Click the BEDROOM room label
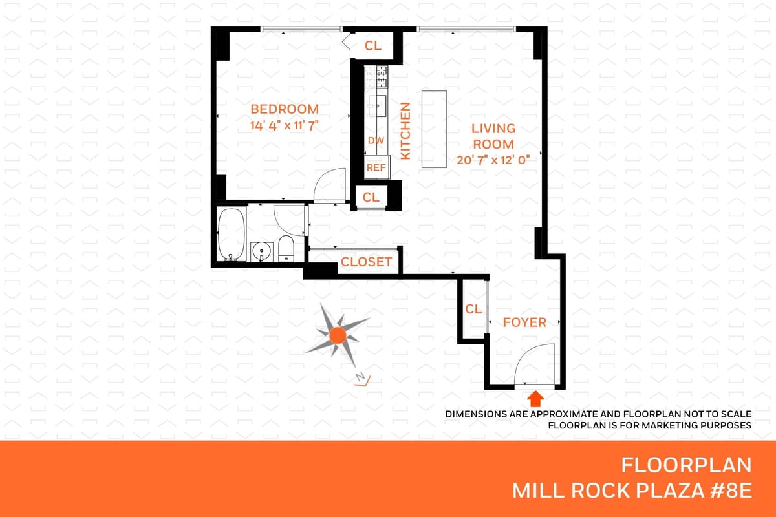click(285, 109)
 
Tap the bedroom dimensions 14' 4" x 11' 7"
click(285, 125)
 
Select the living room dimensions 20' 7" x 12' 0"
click(493, 160)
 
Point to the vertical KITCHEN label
click(405, 131)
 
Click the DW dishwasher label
click(376, 141)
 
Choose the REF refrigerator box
click(377, 167)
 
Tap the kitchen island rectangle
click(434, 129)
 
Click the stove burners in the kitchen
click(382, 76)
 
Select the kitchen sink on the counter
click(381, 105)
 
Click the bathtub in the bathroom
click(232, 234)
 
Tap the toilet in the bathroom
click(286, 248)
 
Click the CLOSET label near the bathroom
click(366, 262)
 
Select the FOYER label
click(524, 322)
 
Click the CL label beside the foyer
click(473, 309)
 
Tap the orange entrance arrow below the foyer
click(535, 399)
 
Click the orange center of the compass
click(338, 335)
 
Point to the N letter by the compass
click(360, 376)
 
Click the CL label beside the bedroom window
click(372, 45)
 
